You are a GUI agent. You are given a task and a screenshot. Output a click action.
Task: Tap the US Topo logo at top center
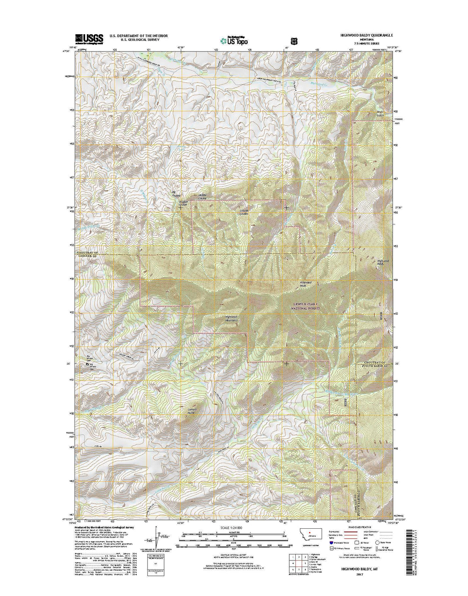[234, 40]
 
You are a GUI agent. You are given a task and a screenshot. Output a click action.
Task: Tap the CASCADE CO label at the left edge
[86, 256]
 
